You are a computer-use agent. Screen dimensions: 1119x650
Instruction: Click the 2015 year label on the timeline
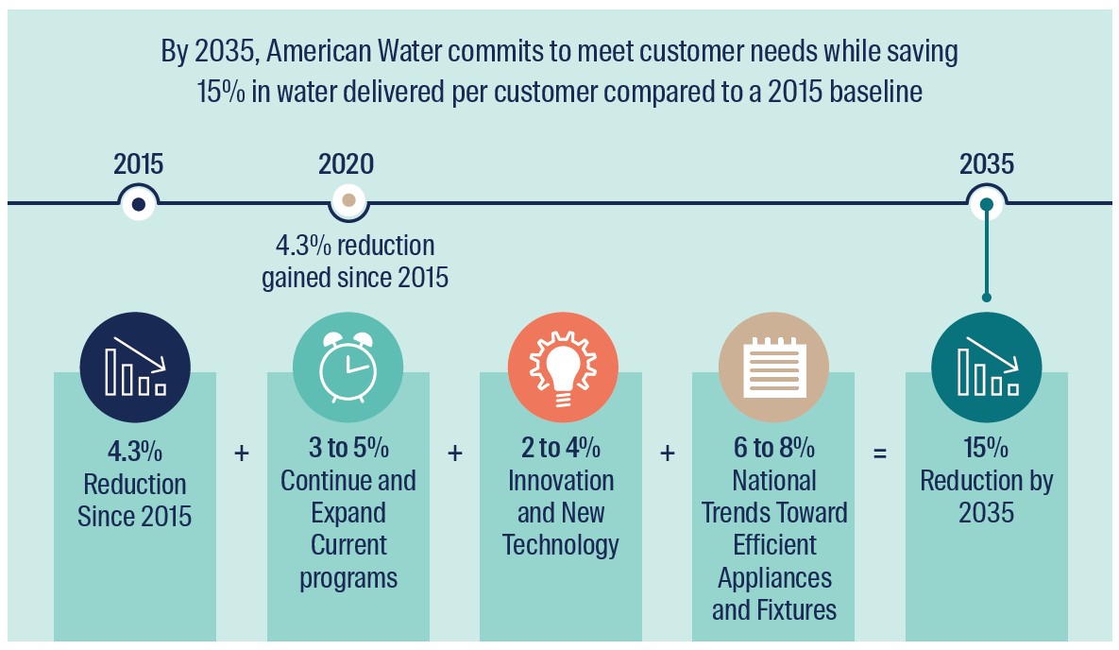click(x=139, y=164)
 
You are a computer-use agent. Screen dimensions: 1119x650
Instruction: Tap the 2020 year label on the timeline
click(x=347, y=164)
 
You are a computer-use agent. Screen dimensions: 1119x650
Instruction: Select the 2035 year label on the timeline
click(x=987, y=164)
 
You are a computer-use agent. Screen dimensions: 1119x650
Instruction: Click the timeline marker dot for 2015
click(x=139, y=204)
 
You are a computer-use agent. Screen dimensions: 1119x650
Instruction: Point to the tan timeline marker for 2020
click(x=349, y=201)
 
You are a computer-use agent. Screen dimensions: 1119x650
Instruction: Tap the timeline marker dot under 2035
click(x=987, y=204)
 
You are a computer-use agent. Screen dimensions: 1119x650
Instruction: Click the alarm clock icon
click(x=348, y=368)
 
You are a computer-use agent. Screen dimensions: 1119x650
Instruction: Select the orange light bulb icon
click(x=563, y=368)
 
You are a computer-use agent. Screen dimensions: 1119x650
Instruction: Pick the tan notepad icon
click(x=774, y=368)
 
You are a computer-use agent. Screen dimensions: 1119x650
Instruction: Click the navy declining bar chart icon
click(x=136, y=368)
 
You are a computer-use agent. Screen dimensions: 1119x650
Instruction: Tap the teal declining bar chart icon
click(x=987, y=368)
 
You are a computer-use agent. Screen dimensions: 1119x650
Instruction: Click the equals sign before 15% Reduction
click(x=881, y=453)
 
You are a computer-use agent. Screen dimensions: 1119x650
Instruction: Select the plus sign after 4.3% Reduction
click(x=242, y=453)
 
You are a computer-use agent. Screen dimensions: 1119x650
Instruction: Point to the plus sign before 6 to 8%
click(x=668, y=453)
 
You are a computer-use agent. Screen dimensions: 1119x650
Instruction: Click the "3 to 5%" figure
click(x=348, y=448)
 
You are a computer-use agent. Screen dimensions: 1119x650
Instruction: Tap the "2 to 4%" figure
click(x=561, y=448)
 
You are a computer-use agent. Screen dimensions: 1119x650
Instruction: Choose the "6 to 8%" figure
click(x=774, y=448)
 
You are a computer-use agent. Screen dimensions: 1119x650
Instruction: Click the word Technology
click(x=561, y=545)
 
